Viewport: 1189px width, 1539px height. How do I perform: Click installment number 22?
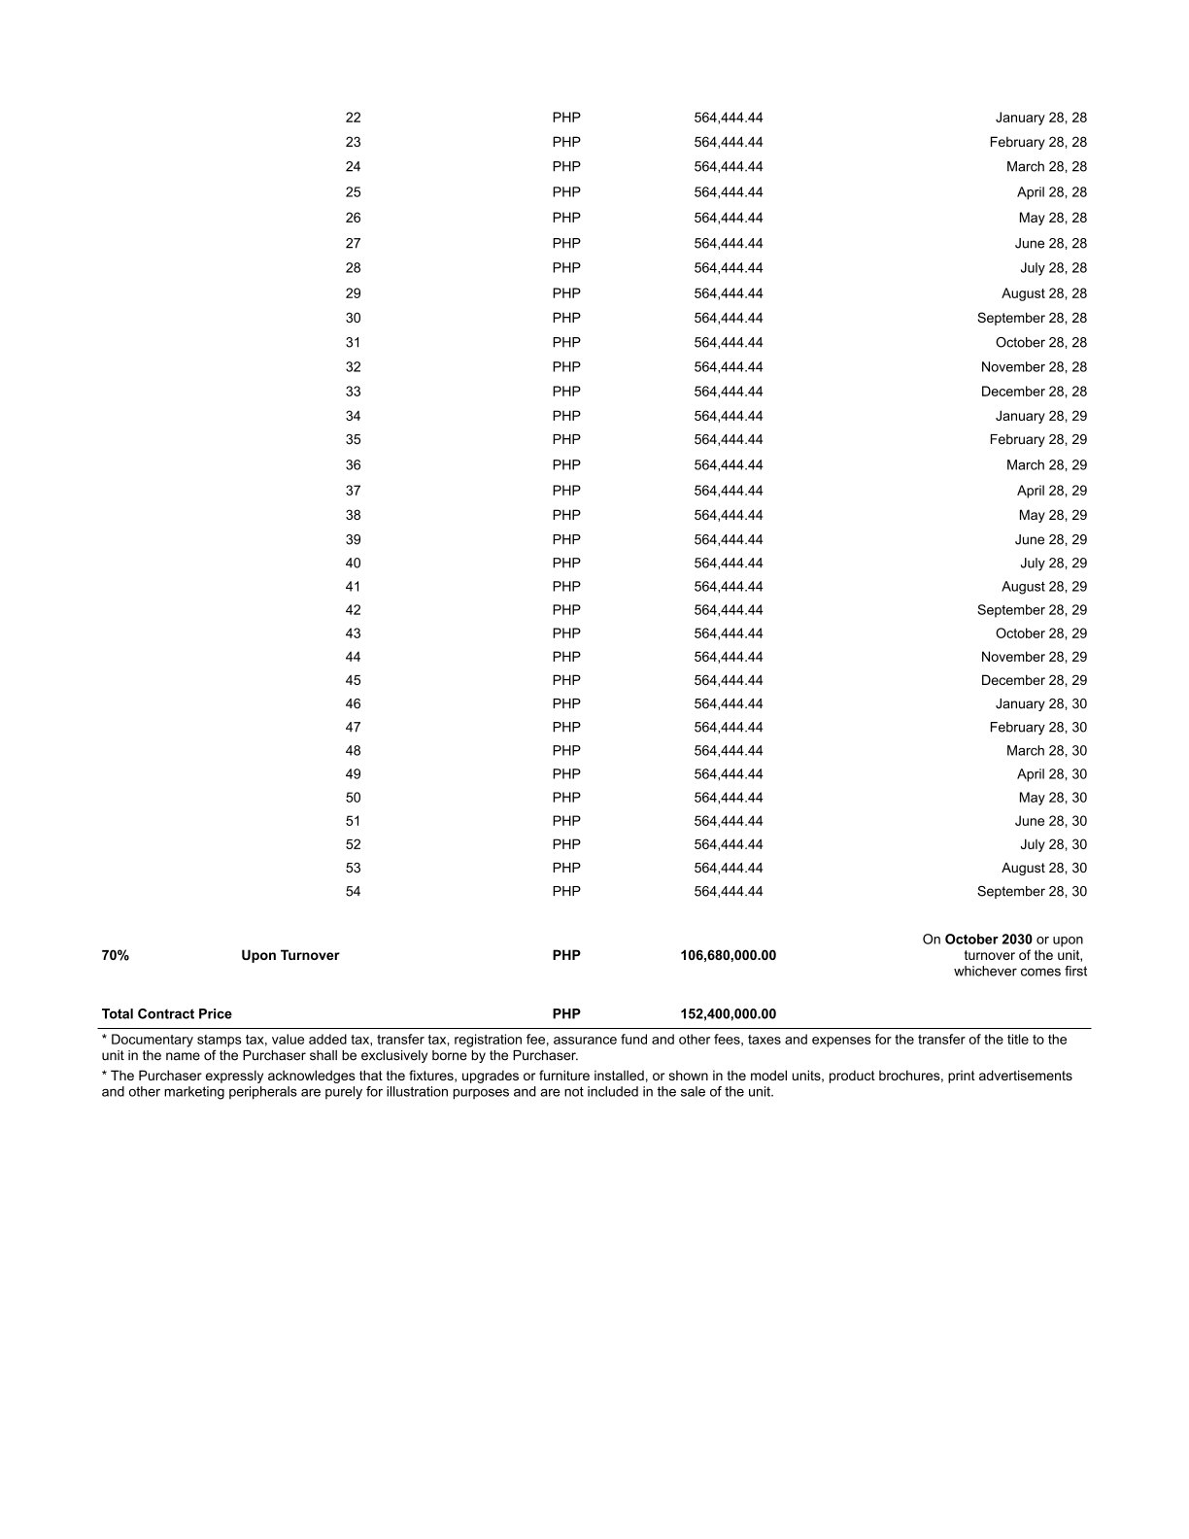353,118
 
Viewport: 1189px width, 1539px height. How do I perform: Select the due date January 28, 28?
1040,118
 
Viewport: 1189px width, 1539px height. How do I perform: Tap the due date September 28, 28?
1032,318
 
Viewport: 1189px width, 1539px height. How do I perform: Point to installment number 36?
353,465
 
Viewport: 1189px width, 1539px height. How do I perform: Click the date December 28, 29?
1034,680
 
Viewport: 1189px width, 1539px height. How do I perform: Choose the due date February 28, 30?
1037,727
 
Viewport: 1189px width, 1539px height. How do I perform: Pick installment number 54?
353,891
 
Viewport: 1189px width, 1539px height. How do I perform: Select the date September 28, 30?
1032,891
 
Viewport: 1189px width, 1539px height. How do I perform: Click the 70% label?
115,955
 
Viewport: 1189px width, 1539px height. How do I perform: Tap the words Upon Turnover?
290,955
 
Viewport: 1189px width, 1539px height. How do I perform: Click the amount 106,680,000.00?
728,955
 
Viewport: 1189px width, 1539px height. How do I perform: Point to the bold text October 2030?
988,940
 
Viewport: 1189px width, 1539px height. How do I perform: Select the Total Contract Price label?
167,1013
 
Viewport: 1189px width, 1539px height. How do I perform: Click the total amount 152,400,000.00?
728,1013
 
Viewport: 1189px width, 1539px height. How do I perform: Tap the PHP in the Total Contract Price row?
566,1013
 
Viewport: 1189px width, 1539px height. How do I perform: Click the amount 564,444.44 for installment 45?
728,680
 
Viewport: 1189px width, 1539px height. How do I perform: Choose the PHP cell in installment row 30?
566,318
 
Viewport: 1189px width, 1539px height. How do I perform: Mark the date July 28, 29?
1053,563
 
